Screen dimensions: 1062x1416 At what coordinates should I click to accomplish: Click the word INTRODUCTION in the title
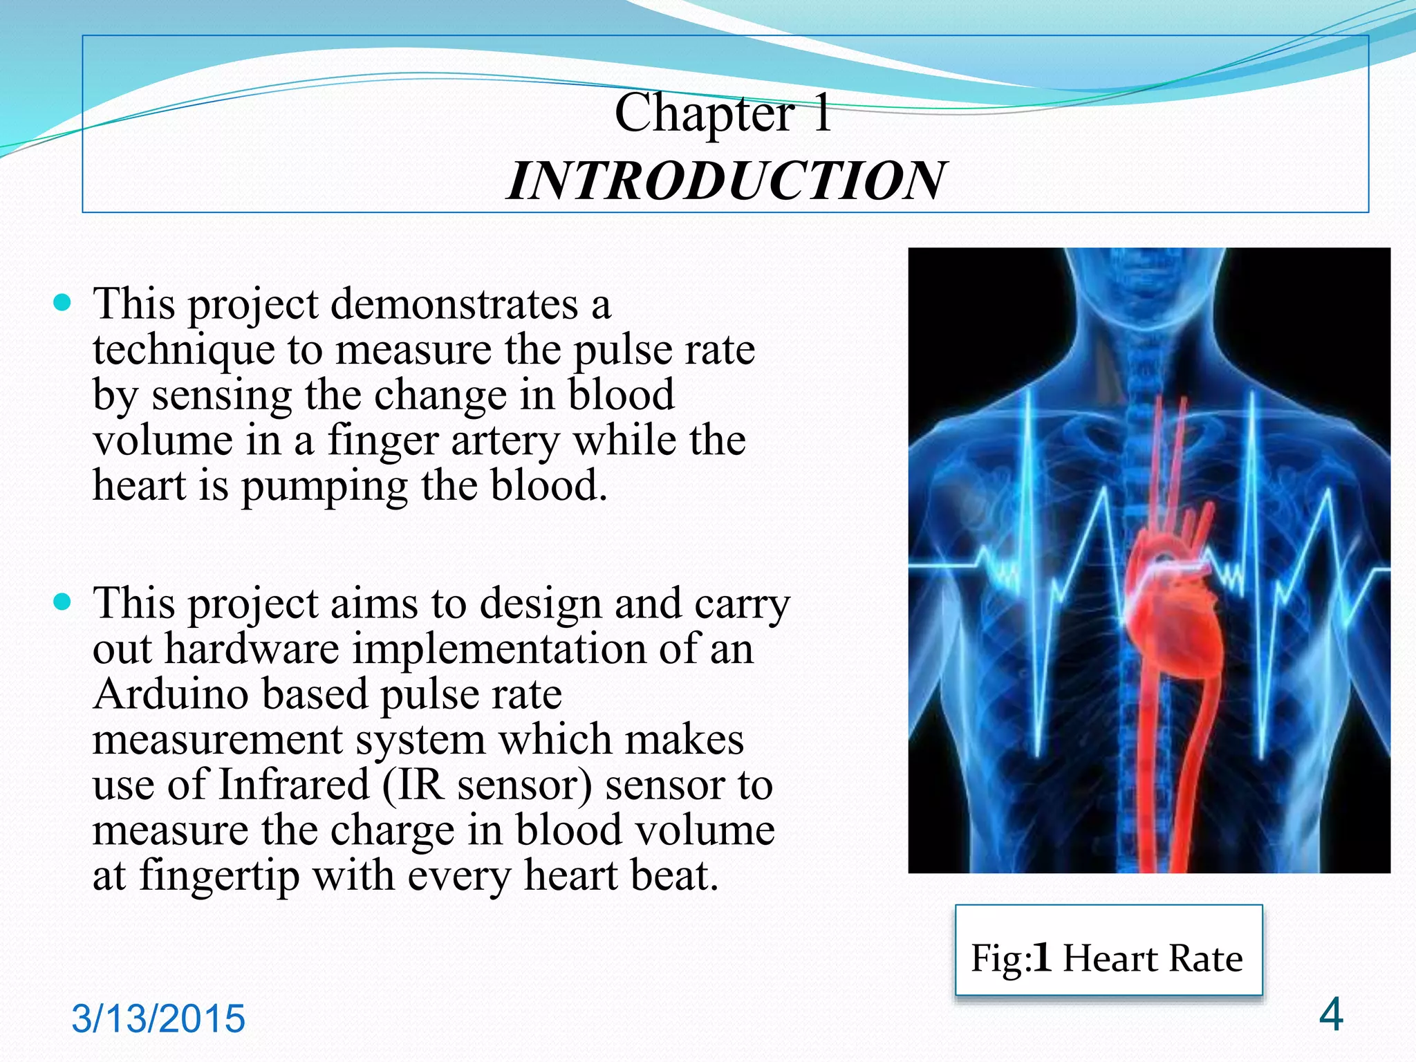(725, 181)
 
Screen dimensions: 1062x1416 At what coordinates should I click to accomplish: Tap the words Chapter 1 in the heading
(723, 113)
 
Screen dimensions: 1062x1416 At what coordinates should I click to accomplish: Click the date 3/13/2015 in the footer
(158, 1018)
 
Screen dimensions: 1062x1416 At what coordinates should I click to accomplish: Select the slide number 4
(1331, 1014)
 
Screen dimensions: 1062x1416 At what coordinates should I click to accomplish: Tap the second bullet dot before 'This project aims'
(62, 602)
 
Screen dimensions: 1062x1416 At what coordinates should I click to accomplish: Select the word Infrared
(294, 785)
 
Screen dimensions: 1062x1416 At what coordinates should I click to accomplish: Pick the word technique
(183, 351)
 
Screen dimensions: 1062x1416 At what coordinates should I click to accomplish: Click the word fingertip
(219, 876)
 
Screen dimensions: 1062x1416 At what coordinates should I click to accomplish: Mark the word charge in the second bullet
(391, 830)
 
